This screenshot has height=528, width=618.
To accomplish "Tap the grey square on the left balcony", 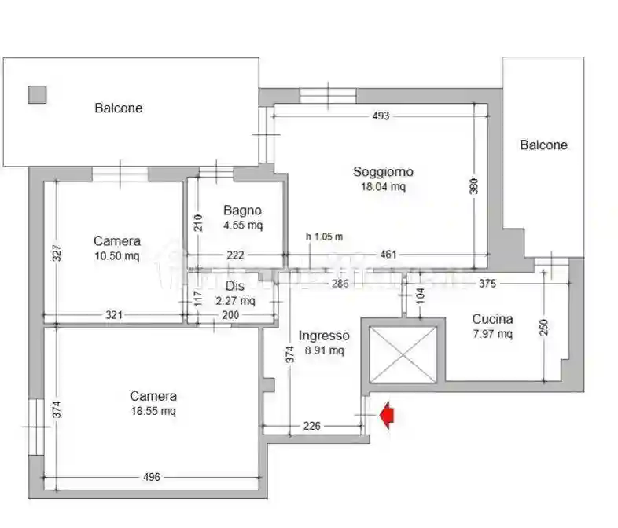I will (37, 94).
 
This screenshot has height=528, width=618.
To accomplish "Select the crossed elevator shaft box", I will (403, 355).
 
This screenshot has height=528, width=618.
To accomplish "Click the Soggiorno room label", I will (383, 172).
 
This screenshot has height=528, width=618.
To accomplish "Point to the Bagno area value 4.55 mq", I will (243, 225).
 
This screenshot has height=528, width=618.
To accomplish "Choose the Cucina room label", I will (492, 319).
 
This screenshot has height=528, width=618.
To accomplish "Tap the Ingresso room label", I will (325, 335).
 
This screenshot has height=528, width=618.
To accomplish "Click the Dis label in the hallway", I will (236, 286).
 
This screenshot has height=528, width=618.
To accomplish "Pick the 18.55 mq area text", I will (153, 411).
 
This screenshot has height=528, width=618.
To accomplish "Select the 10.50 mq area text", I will (117, 255).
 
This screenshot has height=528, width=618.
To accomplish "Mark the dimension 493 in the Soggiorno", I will (381, 116).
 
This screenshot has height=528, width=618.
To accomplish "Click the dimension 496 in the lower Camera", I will (152, 477).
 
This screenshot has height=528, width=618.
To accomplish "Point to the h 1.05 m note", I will (325, 236).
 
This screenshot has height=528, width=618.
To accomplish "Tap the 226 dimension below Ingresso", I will (312, 427).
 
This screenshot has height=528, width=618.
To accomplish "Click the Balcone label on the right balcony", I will (543, 145).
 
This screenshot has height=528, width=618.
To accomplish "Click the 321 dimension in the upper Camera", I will (115, 315).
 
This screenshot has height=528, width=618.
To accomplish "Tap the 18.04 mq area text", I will (383, 187).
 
